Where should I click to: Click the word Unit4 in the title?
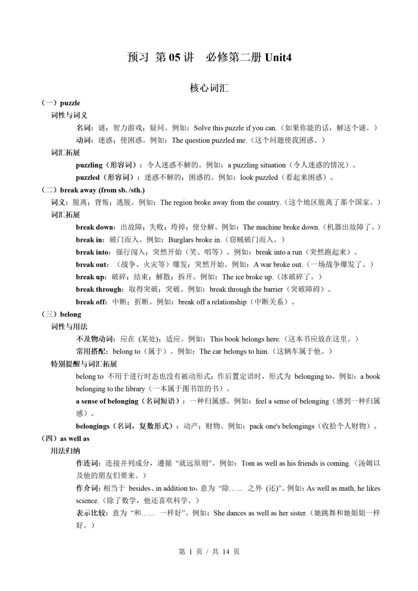[x=278, y=57]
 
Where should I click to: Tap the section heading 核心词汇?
[x=209, y=88]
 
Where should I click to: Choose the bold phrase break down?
[x=94, y=227]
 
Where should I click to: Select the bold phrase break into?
[x=93, y=252]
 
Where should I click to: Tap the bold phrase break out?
[x=91, y=265]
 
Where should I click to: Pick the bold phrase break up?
[x=90, y=277]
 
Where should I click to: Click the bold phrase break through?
[x=98, y=290]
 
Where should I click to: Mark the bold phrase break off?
[x=91, y=302]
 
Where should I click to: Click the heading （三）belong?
[x=61, y=314]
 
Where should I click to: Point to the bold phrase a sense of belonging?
[x=107, y=401]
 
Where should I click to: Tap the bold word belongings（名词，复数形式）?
[x=126, y=426]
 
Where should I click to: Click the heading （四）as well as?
[x=65, y=439]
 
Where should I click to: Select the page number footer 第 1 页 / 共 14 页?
[x=209, y=552]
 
